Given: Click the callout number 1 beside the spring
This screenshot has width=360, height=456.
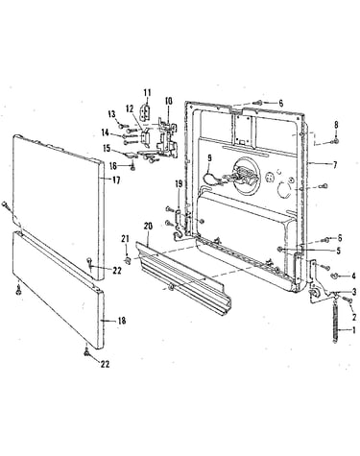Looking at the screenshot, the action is [x=353, y=330].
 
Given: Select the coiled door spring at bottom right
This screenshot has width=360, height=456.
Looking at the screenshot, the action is [x=335, y=322].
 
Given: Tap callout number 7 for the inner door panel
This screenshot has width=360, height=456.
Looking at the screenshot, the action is [x=335, y=165].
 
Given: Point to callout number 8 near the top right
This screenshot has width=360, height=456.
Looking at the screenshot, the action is [x=336, y=125].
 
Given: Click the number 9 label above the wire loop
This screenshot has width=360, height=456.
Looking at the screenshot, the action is [x=209, y=157].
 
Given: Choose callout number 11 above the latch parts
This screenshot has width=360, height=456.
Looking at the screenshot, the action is [x=147, y=93].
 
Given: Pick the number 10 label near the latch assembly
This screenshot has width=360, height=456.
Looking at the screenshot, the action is [x=169, y=101].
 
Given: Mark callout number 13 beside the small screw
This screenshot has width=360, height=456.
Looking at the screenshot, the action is [x=111, y=114].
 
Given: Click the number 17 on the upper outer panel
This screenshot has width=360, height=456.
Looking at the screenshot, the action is [x=116, y=180].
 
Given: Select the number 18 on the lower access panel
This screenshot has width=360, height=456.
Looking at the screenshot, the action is [x=122, y=321].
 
